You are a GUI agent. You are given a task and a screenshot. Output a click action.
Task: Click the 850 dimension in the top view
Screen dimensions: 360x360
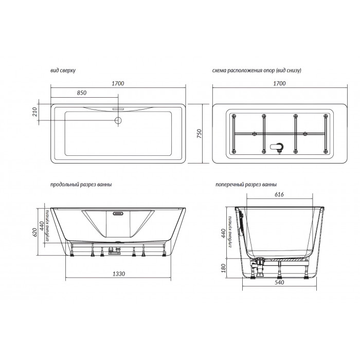(x=82, y=93)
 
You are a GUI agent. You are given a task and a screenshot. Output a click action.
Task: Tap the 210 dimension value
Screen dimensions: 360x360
(x=34, y=112)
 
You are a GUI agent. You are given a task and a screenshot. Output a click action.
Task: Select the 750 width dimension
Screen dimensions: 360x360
(x=199, y=134)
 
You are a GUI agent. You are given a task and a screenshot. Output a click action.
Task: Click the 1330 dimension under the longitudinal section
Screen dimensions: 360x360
(x=119, y=274)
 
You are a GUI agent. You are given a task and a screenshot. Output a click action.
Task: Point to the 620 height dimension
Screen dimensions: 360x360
(x=34, y=232)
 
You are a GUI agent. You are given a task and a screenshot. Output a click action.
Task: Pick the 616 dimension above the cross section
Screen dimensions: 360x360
(x=279, y=194)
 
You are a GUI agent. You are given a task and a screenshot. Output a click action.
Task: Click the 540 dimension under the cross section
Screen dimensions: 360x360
(x=279, y=282)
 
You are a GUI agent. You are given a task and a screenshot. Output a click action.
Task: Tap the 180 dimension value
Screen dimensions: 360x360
(x=224, y=268)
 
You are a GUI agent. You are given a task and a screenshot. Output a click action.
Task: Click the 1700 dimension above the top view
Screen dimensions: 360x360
(x=118, y=83)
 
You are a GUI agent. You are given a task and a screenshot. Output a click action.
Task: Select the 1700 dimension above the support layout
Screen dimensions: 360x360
(x=279, y=83)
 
